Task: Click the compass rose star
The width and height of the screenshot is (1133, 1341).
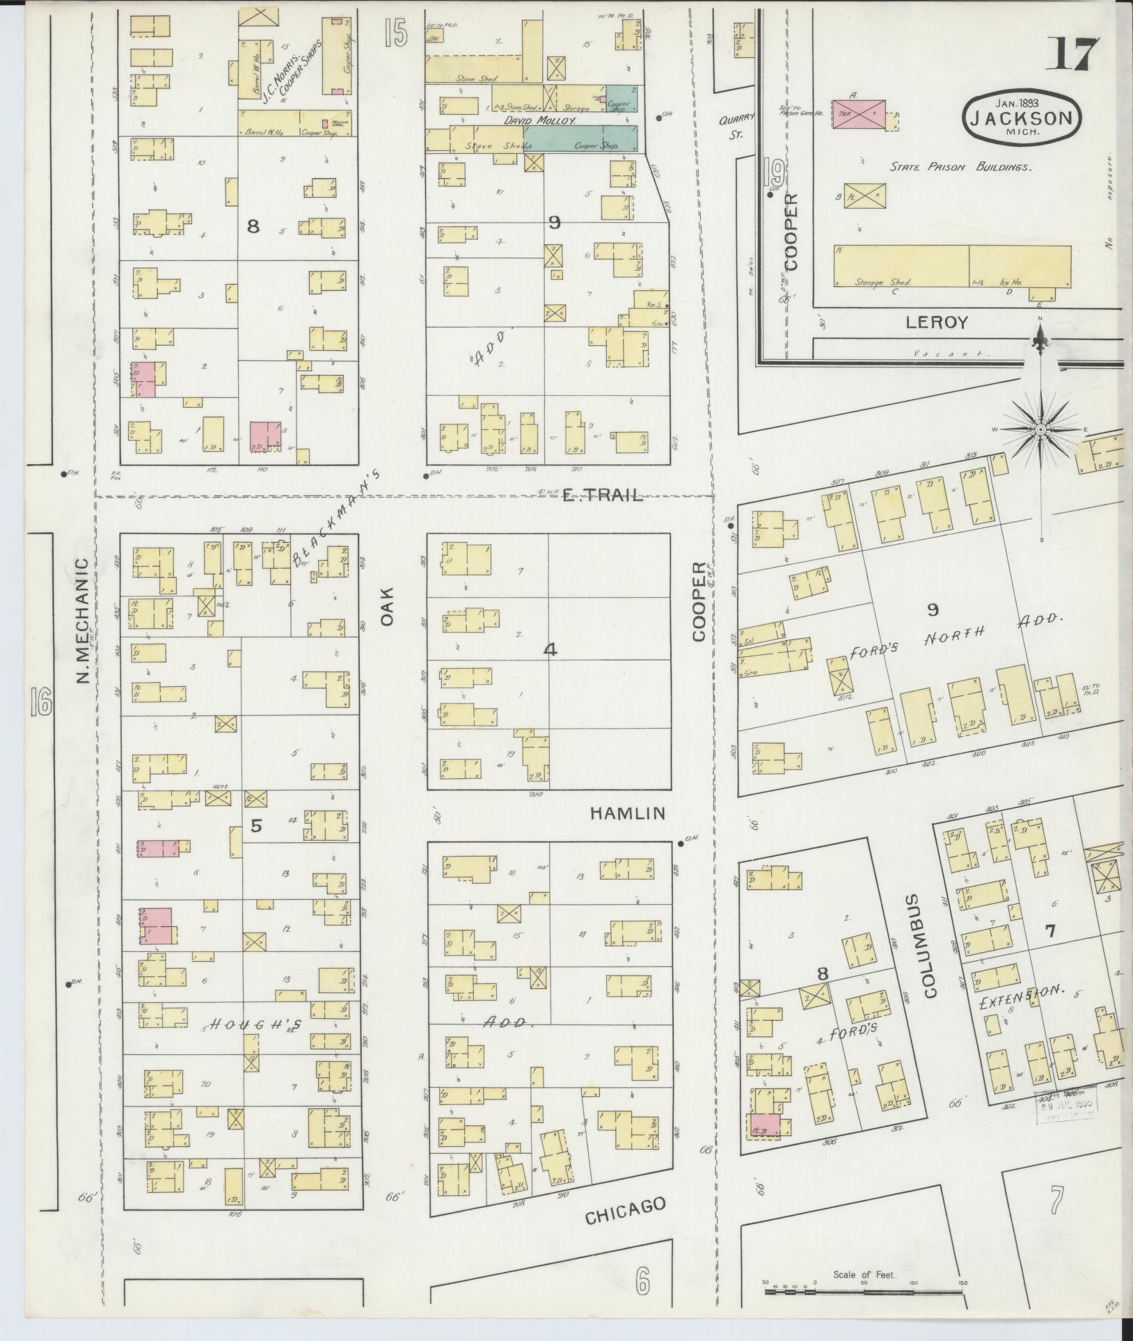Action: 1040,429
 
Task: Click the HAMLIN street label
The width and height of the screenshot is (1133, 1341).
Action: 628,813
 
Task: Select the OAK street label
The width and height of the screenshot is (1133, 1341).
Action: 387,606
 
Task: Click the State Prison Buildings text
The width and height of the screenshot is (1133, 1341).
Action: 960,168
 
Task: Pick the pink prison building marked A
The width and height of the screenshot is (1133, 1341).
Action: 859,113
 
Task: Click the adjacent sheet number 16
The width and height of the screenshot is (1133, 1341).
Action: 40,701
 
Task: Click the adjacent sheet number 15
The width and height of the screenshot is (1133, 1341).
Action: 396,33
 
